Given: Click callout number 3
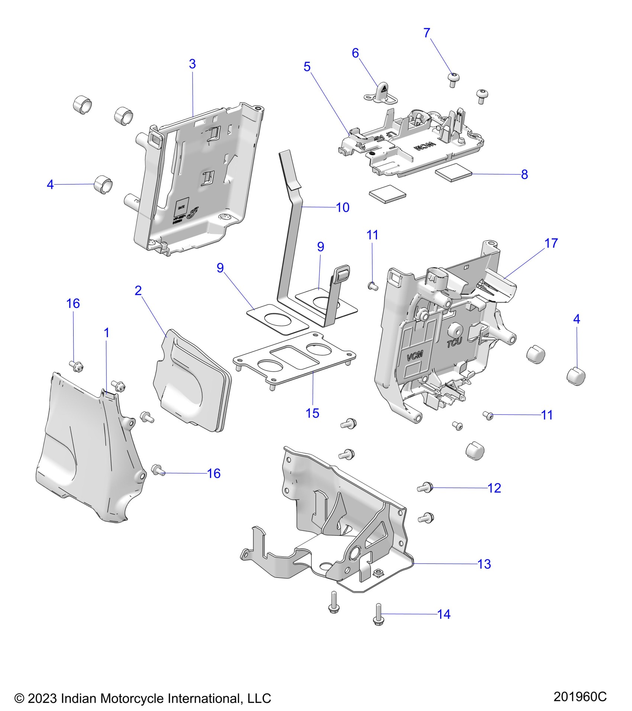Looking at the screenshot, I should (192, 64).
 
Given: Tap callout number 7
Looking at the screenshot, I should (427, 33).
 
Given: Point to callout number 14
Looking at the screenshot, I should (444, 614).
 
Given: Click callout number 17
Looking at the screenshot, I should (551, 243).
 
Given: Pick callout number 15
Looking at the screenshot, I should (312, 413).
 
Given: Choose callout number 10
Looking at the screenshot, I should (342, 207).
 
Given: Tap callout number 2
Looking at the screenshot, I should (138, 290).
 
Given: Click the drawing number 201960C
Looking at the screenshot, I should (580, 696).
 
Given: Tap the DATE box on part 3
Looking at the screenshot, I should (181, 207).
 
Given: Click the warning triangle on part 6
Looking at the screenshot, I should (384, 90).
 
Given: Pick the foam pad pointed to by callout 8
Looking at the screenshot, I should (454, 174).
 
